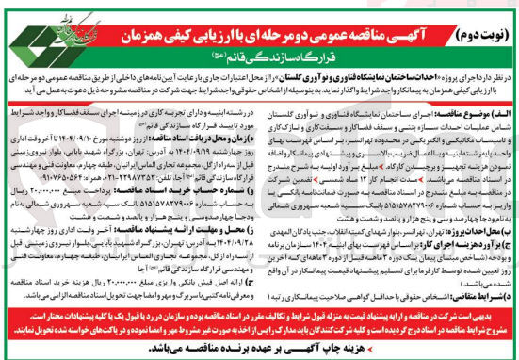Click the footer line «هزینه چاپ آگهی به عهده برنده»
(259, 350)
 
